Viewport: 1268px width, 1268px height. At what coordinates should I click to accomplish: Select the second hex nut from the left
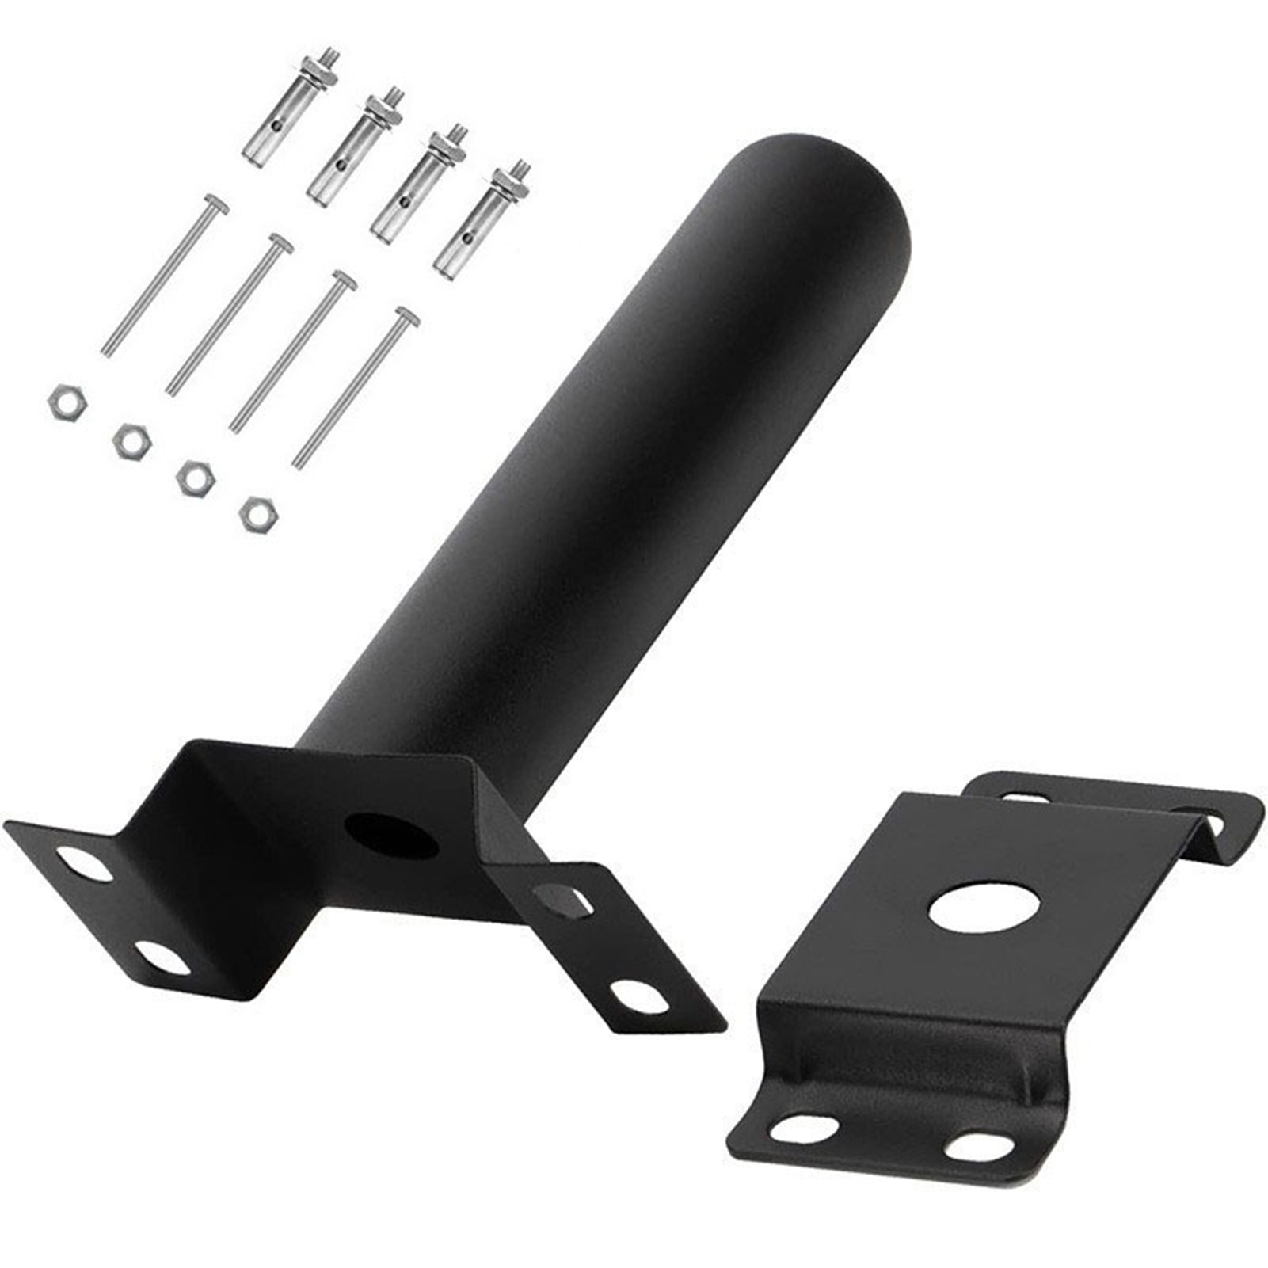[x=130, y=441]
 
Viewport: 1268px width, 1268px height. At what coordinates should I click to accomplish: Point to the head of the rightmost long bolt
[x=407, y=316]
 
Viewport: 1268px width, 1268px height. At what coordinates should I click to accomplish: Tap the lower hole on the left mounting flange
[x=162, y=959]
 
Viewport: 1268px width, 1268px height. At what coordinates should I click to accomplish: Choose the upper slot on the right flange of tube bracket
[x=562, y=900]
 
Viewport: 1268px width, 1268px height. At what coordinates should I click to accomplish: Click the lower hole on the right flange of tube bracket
[x=638, y=996]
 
